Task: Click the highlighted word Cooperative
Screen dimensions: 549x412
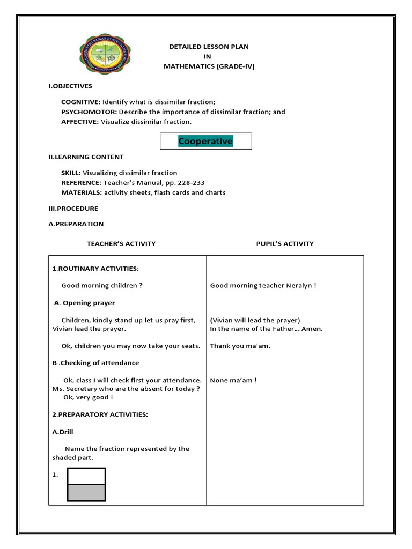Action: pyautogui.click(x=205, y=142)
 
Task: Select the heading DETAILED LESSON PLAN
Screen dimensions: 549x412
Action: pyautogui.click(x=209, y=47)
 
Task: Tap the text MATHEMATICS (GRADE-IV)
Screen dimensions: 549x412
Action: pyautogui.click(x=209, y=66)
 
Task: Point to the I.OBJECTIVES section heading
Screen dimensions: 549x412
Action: pyautogui.click(x=70, y=86)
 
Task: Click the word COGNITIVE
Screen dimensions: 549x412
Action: pyautogui.click(x=80, y=102)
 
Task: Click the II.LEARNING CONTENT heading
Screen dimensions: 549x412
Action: pyautogui.click(x=86, y=157)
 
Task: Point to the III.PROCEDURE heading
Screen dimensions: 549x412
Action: pyautogui.click(x=73, y=209)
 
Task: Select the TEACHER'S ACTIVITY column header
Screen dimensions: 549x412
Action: pyautogui.click(x=121, y=244)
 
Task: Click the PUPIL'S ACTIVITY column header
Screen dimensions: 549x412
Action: pyautogui.click(x=285, y=244)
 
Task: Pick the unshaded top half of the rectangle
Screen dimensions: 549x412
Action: pyautogui.click(x=86, y=476)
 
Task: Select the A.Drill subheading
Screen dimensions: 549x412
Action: pyautogui.click(x=63, y=432)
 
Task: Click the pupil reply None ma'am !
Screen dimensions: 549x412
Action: pyautogui.click(x=233, y=381)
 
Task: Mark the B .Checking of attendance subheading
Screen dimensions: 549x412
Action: pyautogui.click(x=95, y=363)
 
